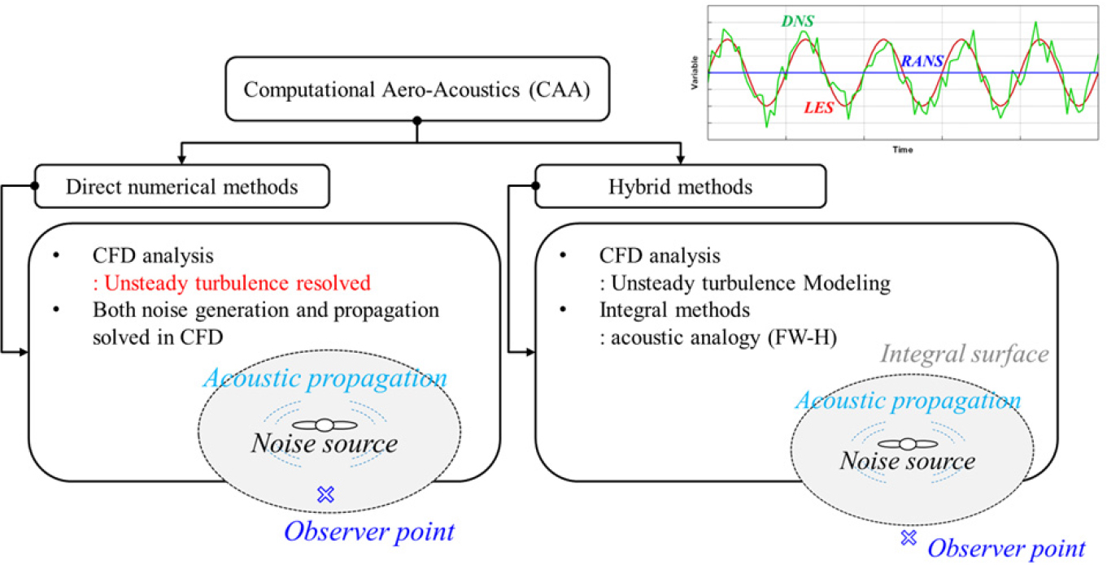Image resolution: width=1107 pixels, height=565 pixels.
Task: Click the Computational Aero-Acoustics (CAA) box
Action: (x=417, y=89)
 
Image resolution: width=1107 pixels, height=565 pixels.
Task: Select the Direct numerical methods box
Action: (x=182, y=186)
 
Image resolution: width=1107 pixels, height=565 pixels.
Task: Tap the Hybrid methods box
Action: (x=681, y=186)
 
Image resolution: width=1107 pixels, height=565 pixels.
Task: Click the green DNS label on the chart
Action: (x=798, y=21)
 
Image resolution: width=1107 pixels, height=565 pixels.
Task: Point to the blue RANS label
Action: (x=922, y=61)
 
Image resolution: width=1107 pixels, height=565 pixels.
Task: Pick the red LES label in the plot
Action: (x=819, y=107)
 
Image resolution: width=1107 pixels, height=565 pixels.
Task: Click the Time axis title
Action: (x=902, y=150)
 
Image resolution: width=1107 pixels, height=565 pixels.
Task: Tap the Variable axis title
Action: (x=695, y=72)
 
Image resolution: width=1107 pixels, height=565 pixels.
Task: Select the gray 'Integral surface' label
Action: (x=965, y=354)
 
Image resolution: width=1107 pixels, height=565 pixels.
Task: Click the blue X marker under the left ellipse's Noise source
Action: (x=325, y=494)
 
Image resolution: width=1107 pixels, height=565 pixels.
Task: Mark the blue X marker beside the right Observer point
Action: (x=909, y=537)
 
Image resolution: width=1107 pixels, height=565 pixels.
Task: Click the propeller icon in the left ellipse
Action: (x=325, y=424)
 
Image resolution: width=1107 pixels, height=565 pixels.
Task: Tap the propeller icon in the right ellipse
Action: (x=908, y=444)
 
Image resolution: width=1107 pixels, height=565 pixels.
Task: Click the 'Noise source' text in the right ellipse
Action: (x=908, y=461)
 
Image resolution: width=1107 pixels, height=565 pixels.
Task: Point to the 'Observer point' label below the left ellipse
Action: (x=369, y=532)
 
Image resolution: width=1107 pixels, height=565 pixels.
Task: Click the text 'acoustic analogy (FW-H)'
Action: (x=718, y=338)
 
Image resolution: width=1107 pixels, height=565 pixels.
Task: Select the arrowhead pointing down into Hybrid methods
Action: (x=681, y=159)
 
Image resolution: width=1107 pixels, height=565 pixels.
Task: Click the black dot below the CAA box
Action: (x=417, y=120)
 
